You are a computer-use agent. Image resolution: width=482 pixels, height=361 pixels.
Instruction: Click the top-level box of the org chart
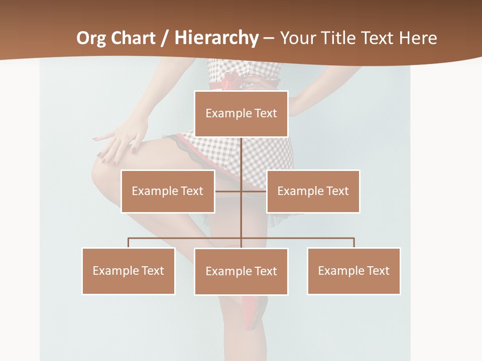241,114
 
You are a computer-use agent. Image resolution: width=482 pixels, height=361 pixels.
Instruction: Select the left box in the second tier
168,191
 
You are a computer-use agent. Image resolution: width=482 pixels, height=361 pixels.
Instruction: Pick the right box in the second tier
313,191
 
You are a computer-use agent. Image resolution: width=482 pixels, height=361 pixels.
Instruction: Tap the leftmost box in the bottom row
129,271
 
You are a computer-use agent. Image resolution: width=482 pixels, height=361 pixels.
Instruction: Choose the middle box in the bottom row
241,271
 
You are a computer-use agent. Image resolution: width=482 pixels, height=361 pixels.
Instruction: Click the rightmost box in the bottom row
353,271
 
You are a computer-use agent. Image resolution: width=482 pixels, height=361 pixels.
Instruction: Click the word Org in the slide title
90,38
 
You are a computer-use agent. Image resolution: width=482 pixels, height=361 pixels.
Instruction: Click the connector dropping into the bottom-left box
129,243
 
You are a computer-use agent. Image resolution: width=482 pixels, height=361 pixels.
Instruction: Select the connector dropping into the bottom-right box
354,243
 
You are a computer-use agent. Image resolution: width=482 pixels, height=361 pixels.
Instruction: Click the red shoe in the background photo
255,311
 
